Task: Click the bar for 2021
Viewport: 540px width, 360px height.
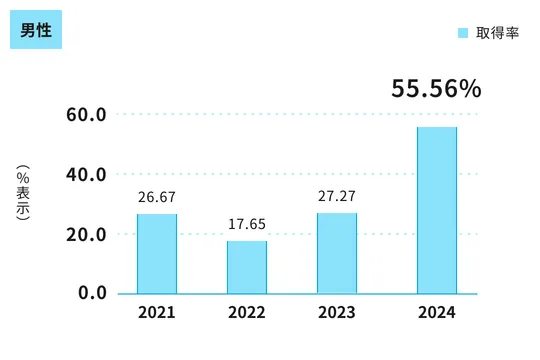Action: [157, 254]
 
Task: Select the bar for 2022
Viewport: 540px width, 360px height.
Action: [247, 267]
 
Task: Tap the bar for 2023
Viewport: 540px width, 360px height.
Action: [337, 253]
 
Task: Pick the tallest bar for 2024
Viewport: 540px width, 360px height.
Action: [437, 210]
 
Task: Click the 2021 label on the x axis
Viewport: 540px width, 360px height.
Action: [157, 313]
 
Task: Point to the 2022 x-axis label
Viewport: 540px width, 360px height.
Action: [247, 313]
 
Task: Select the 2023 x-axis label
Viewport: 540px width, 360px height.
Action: [337, 313]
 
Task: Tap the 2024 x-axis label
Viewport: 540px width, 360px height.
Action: [437, 313]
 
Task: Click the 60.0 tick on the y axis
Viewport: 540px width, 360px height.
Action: [87, 114]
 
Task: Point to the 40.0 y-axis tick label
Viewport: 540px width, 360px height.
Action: [87, 174]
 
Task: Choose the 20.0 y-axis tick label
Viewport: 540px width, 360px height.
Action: [87, 234]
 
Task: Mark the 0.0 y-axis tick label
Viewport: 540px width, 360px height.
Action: [92, 293]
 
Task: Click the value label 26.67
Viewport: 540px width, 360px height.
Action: [157, 198]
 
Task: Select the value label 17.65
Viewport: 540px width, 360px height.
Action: [247, 225]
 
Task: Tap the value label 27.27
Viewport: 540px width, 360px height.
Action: [337, 197]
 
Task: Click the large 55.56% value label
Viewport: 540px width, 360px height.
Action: [436, 89]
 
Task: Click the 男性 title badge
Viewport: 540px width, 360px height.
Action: [37, 30]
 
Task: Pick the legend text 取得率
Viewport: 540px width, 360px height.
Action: [497, 33]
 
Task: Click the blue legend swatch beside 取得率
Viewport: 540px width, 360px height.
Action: [463, 33]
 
